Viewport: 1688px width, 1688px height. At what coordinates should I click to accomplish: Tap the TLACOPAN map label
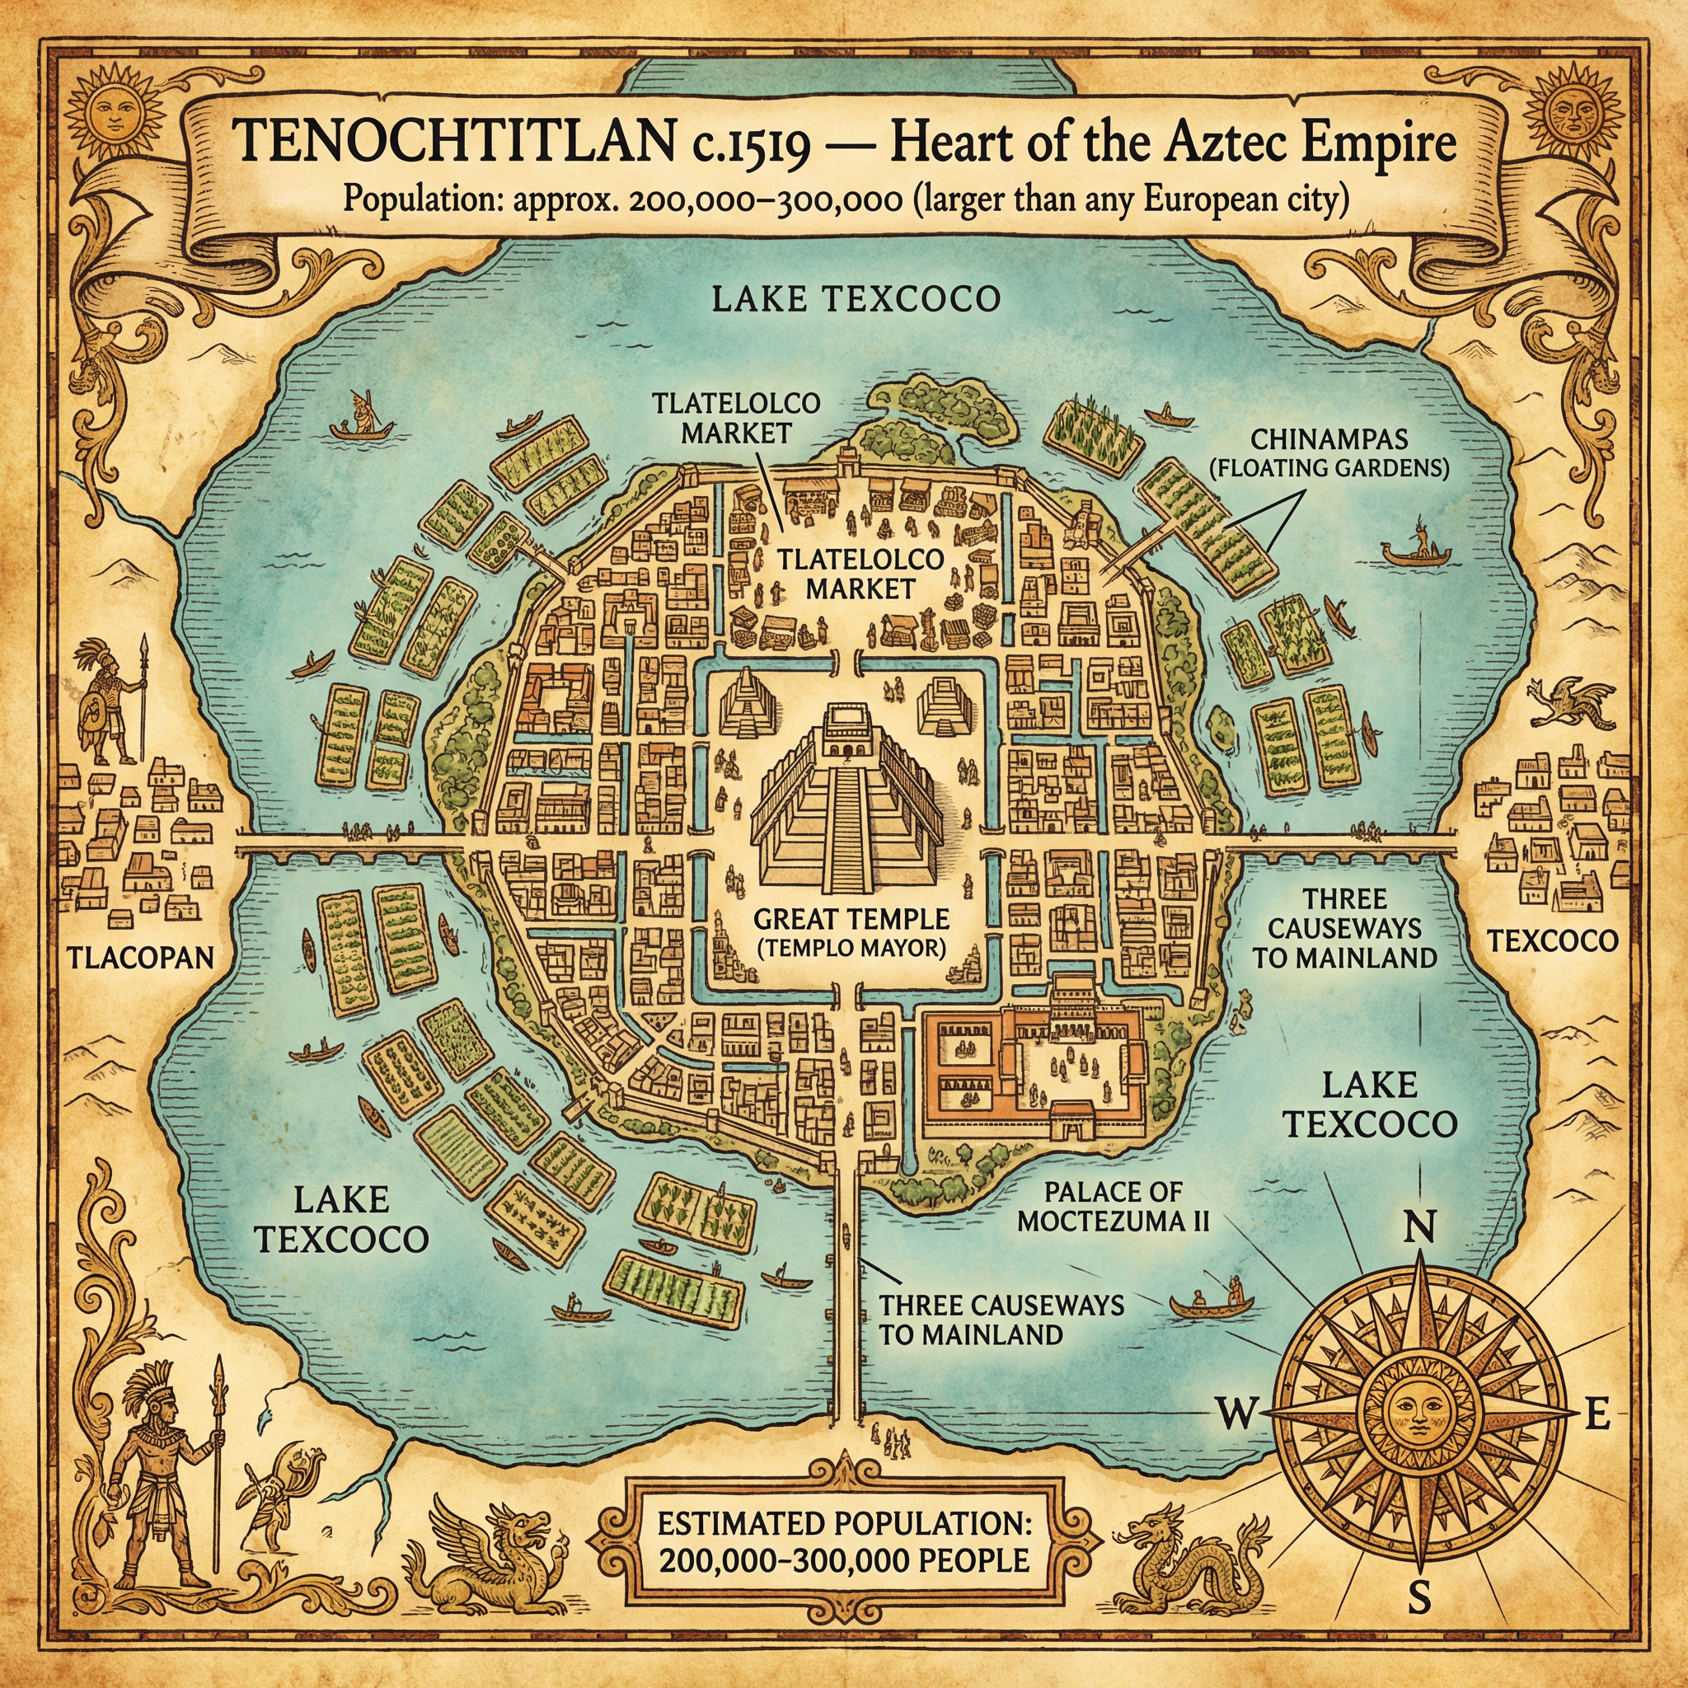coord(140,957)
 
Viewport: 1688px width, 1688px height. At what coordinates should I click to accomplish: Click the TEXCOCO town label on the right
coord(1552,941)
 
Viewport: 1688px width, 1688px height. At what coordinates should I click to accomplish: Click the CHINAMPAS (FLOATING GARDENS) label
coord(1327,452)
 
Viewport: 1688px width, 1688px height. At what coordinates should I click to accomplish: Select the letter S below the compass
coord(1419,1621)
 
